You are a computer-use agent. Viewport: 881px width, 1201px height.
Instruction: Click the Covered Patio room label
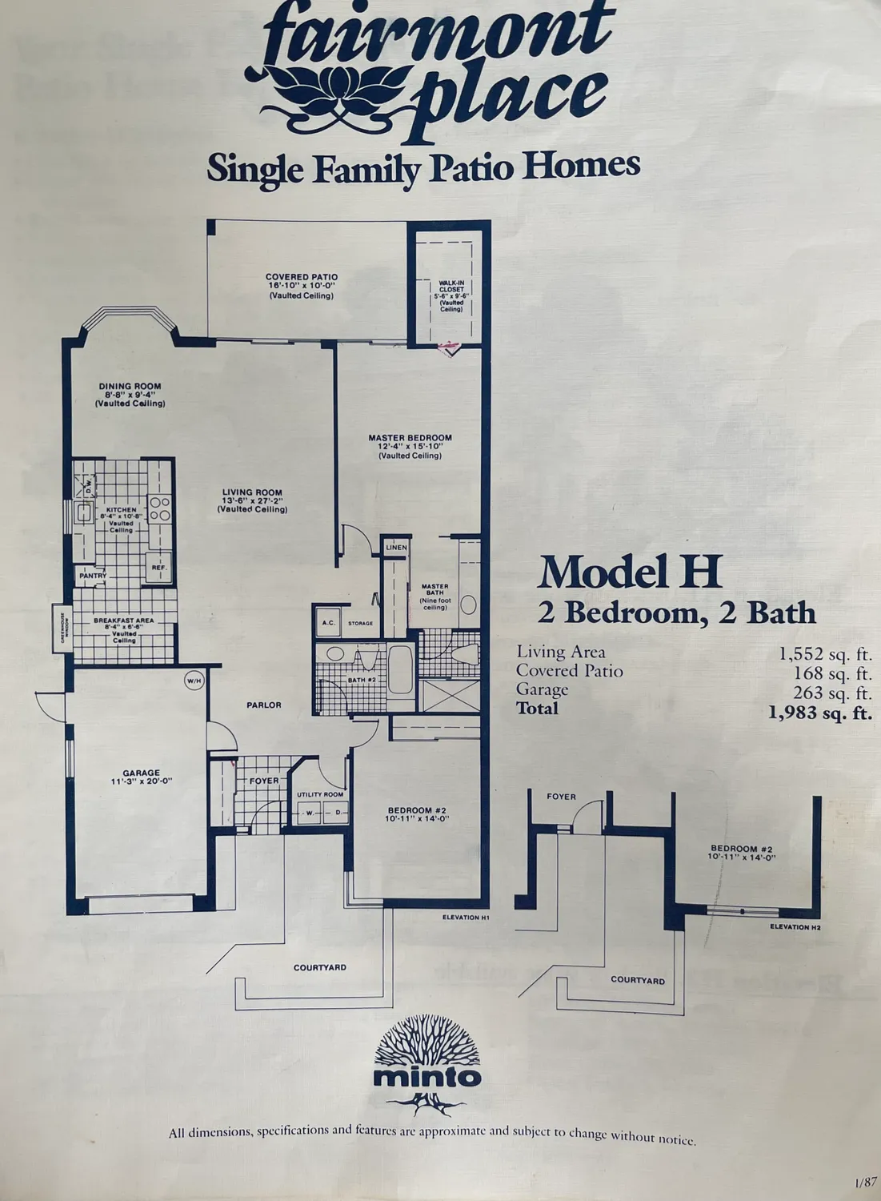pos(302,277)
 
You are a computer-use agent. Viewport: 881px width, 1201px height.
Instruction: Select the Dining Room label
pos(130,386)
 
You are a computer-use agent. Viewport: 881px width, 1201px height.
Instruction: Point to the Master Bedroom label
pos(410,438)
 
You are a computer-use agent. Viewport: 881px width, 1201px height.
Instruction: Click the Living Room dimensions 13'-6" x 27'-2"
pos(252,501)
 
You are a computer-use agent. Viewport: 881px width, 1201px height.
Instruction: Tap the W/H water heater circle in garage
pos(194,681)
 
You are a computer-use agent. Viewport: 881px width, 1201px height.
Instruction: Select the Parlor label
pos(263,705)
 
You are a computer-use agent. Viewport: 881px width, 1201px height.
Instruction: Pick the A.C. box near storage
pos(328,622)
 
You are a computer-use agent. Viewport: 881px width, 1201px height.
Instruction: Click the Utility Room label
pos(320,794)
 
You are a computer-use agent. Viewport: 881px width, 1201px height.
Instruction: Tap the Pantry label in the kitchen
pos(93,575)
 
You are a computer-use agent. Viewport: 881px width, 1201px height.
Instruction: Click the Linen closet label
pos(396,548)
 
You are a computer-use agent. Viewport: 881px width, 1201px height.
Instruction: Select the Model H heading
pos(630,572)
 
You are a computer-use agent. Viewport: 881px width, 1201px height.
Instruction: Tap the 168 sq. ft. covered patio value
pos(832,672)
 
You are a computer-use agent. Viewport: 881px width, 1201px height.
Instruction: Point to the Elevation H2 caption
pos(795,927)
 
